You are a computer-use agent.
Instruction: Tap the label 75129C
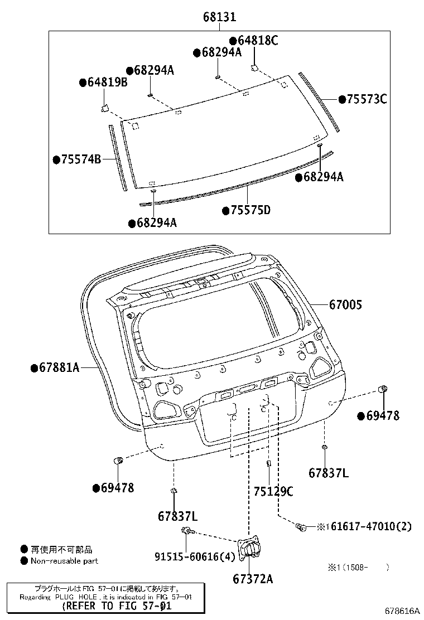point(273,491)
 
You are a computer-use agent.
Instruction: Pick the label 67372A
point(253,579)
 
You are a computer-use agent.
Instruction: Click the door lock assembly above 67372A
point(250,549)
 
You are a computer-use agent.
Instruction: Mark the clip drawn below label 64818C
point(253,67)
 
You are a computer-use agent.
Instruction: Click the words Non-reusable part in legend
point(64,560)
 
